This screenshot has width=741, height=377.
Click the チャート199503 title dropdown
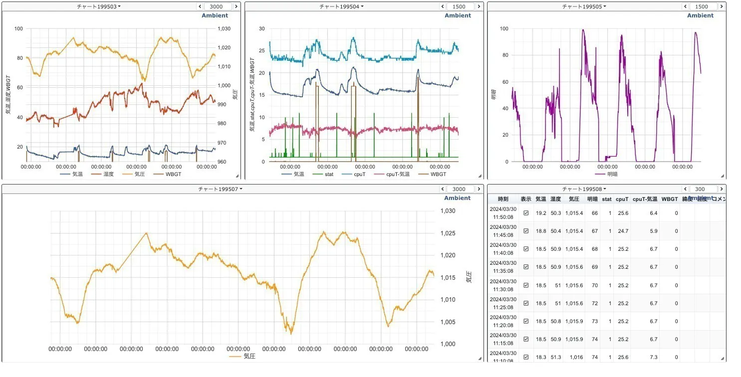[x=99, y=6]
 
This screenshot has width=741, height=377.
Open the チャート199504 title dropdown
[x=341, y=6]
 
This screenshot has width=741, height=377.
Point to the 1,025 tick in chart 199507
[x=448, y=233]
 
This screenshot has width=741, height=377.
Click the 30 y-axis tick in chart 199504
[x=261, y=28]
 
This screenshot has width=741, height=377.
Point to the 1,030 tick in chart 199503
[x=225, y=28]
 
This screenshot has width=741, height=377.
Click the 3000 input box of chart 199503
[x=218, y=6]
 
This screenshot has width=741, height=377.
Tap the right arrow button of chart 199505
[x=722, y=6]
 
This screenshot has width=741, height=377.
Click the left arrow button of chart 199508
[x=685, y=189]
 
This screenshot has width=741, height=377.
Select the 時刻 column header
[x=503, y=199]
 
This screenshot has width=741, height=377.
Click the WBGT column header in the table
[x=670, y=199]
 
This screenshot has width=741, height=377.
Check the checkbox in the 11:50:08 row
[x=526, y=213]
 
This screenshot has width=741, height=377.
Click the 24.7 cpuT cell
[x=622, y=231]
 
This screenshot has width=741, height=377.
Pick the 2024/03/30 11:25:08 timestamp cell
[x=503, y=303]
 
